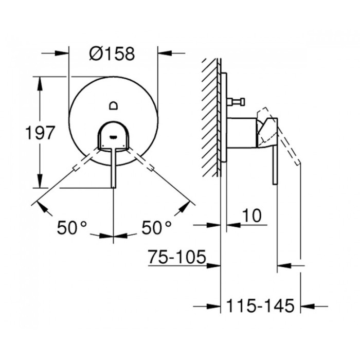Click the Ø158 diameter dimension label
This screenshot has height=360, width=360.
click(112, 53)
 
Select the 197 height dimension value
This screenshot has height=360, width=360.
click(40, 133)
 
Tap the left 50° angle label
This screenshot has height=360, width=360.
click(71, 227)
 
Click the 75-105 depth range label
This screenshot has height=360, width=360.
click(176, 256)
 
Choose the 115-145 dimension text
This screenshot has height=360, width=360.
click(261, 307)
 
